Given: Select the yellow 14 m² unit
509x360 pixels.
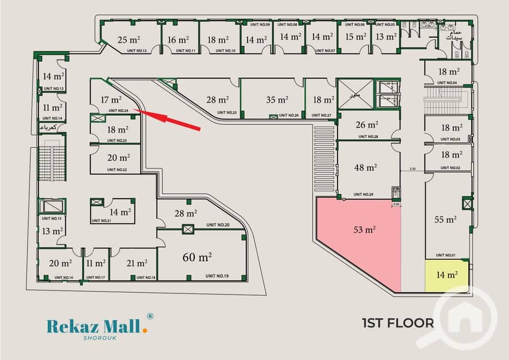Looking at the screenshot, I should tap(447, 275).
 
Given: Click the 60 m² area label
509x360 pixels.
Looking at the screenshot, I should tap(197, 257).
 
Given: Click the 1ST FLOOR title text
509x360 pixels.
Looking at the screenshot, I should tap(397, 323).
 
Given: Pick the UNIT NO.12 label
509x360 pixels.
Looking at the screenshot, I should tap(136, 50).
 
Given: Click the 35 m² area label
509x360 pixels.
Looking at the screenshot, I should tap(277, 100).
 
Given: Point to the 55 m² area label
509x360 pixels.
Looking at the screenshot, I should tap(446, 220).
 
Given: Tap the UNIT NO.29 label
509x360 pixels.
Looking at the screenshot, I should tap(363, 194).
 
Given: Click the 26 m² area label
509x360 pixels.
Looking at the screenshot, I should tap(367, 125).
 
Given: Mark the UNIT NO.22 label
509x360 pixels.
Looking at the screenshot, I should tap(117, 170).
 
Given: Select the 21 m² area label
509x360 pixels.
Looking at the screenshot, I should tap(137, 263).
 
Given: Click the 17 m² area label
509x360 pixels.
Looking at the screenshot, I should tap(112, 100).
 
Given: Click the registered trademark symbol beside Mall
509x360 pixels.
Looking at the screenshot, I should tap(150, 316).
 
